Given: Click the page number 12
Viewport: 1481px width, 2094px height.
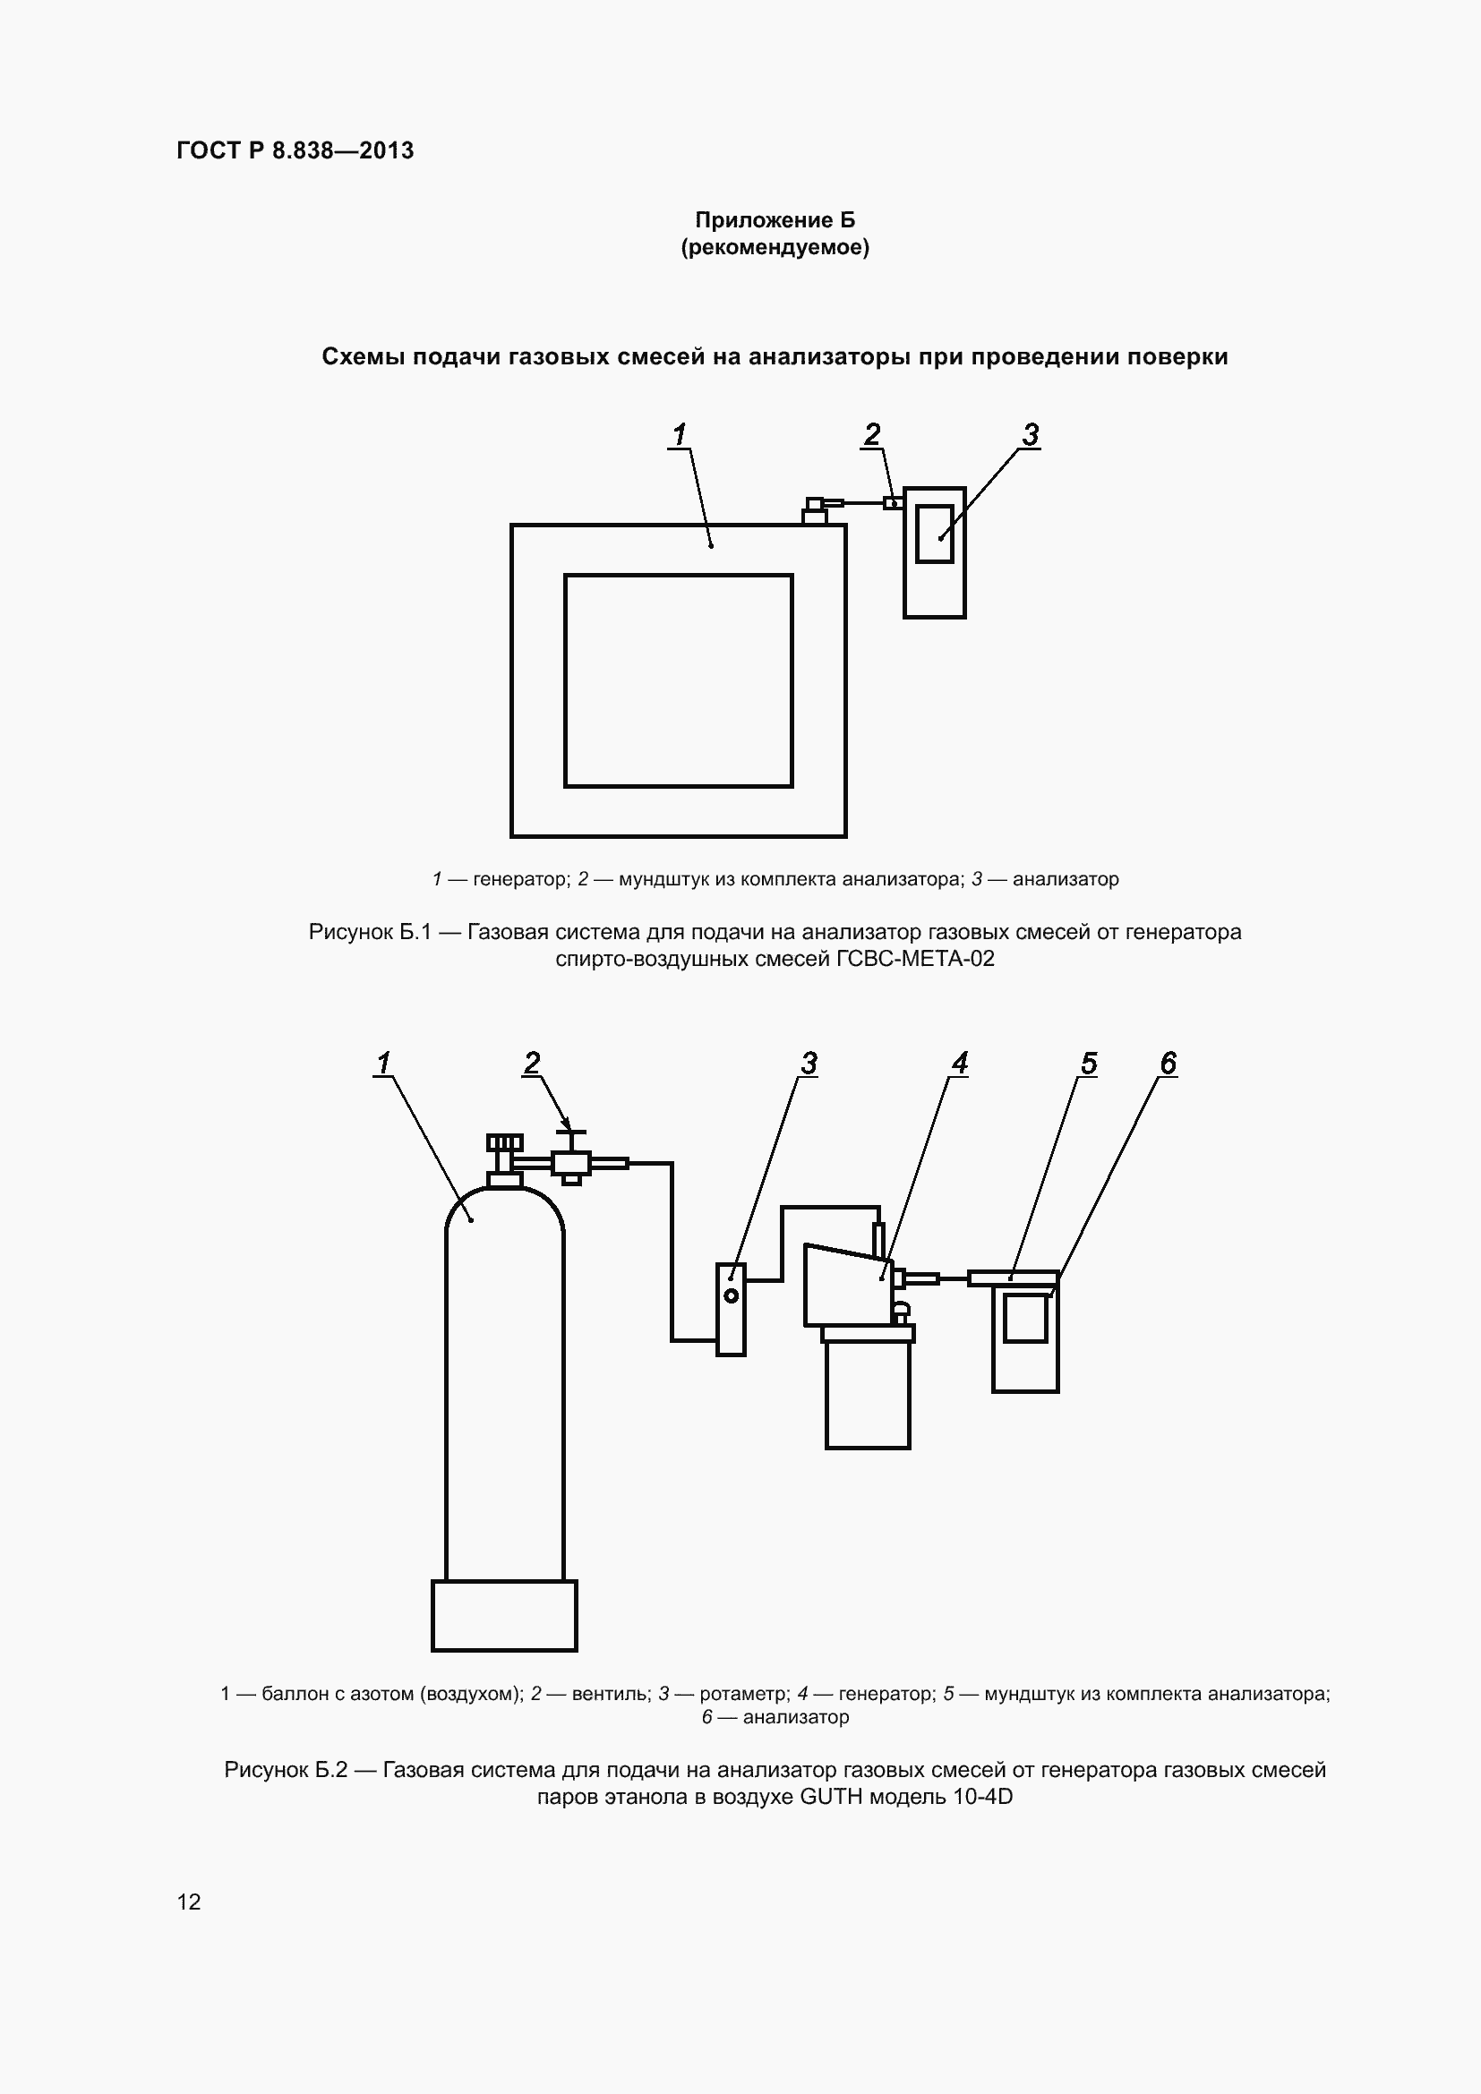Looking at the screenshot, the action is [189, 1902].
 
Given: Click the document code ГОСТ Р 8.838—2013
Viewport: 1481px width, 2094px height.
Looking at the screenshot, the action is [295, 150].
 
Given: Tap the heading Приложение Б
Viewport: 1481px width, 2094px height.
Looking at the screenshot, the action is [775, 220].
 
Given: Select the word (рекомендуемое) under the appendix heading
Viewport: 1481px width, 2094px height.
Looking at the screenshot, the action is [775, 247].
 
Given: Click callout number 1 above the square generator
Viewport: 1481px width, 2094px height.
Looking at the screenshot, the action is [679, 435].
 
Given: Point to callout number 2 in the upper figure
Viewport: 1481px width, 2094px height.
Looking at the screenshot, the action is [872, 435].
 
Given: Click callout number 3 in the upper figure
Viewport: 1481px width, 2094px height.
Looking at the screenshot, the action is [1031, 435].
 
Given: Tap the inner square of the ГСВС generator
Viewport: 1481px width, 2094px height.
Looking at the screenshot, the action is [679, 575].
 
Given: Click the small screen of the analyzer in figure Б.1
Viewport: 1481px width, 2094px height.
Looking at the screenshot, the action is [935, 534].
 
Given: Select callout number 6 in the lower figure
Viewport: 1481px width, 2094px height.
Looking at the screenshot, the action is [1169, 1064].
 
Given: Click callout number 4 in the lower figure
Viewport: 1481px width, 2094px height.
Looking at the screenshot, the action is [959, 1064].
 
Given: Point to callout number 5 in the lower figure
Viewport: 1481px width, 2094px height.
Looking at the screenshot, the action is [1089, 1064].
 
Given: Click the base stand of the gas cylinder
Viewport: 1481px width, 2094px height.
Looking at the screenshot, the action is [504, 1615].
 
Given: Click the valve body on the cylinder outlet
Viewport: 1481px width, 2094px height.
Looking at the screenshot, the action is [571, 1163].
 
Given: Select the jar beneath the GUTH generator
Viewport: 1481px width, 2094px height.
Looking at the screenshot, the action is [868, 1395].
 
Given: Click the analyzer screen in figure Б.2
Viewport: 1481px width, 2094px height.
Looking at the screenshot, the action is [1025, 1319].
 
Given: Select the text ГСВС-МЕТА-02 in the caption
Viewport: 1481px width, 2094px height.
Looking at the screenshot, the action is [916, 959].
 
